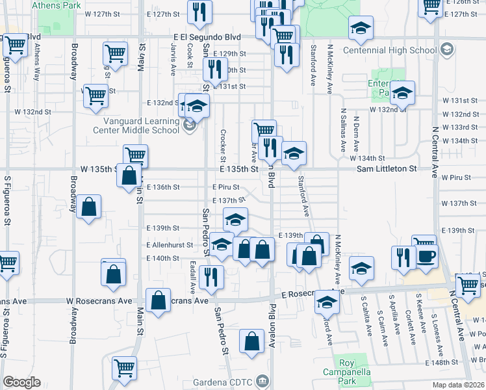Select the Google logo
21,382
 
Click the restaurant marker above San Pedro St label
212,276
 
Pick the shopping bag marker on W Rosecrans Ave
159,300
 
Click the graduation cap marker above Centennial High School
360,29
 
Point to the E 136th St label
162,187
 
